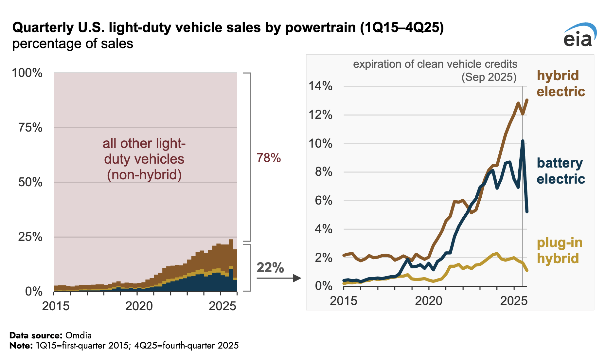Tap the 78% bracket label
(x=269, y=158)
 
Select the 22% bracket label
(x=270, y=268)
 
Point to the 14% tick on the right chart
(x=320, y=86)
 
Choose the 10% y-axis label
(x=320, y=143)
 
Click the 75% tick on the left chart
(x=30, y=127)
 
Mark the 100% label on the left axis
(x=27, y=73)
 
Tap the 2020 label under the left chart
(x=139, y=306)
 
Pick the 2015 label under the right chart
(x=343, y=301)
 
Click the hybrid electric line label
(x=561, y=83)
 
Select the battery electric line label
(x=561, y=171)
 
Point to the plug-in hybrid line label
(x=560, y=250)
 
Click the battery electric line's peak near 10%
(x=523, y=141)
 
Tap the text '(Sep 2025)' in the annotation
(x=489, y=77)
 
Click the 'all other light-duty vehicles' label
(x=144, y=159)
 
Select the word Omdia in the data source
(x=79, y=335)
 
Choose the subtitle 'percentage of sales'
(x=73, y=44)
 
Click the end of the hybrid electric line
(x=527, y=100)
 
